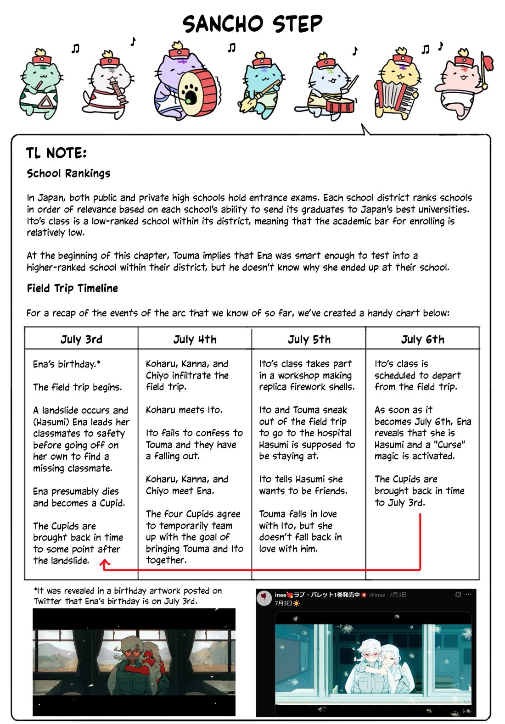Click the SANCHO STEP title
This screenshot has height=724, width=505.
tap(252, 24)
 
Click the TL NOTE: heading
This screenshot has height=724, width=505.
tap(56, 153)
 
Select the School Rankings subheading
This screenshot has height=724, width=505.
tap(69, 173)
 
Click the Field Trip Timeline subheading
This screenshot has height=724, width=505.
tap(73, 288)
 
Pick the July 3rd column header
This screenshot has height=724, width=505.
tap(81, 340)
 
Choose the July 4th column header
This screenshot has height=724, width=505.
tap(195, 340)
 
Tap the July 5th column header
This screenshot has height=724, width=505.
tap(309, 340)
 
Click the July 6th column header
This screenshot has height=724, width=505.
tap(422, 340)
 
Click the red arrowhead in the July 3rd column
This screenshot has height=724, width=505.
tap(105, 564)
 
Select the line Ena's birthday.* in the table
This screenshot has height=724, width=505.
tap(67, 364)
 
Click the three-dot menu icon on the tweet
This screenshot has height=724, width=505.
tap(468, 595)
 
